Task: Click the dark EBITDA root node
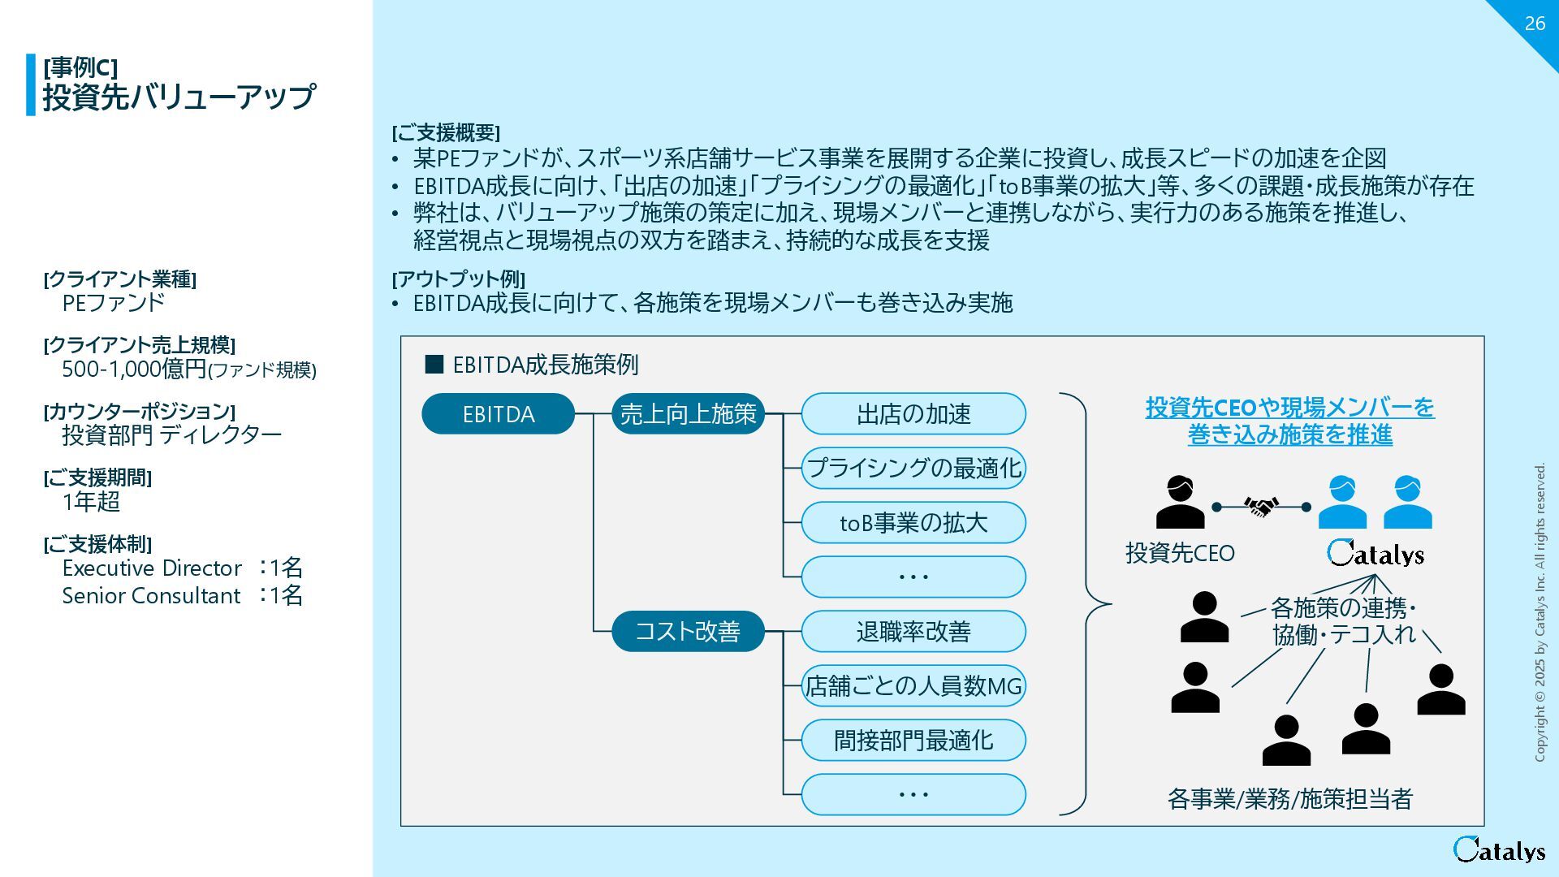[x=498, y=414]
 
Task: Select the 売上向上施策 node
[x=688, y=414]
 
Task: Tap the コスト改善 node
[x=688, y=631]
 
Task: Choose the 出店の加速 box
[x=913, y=414]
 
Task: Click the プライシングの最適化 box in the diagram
[x=913, y=469]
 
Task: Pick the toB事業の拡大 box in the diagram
[x=913, y=523]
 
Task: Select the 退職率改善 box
[x=913, y=631]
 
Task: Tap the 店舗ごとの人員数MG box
[x=913, y=686]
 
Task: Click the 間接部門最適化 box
[x=913, y=741]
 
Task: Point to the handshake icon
[x=1261, y=508]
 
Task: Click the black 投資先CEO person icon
[x=1180, y=503]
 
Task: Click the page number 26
[x=1535, y=24]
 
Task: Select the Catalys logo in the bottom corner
[x=1499, y=849]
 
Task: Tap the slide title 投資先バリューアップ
[x=179, y=97]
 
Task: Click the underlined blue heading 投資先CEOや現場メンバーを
[x=1289, y=407]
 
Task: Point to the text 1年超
[x=91, y=502]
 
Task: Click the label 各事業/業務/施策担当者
[x=1289, y=799]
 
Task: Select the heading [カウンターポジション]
[x=139, y=411]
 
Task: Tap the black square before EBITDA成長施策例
[x=434, y=365]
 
